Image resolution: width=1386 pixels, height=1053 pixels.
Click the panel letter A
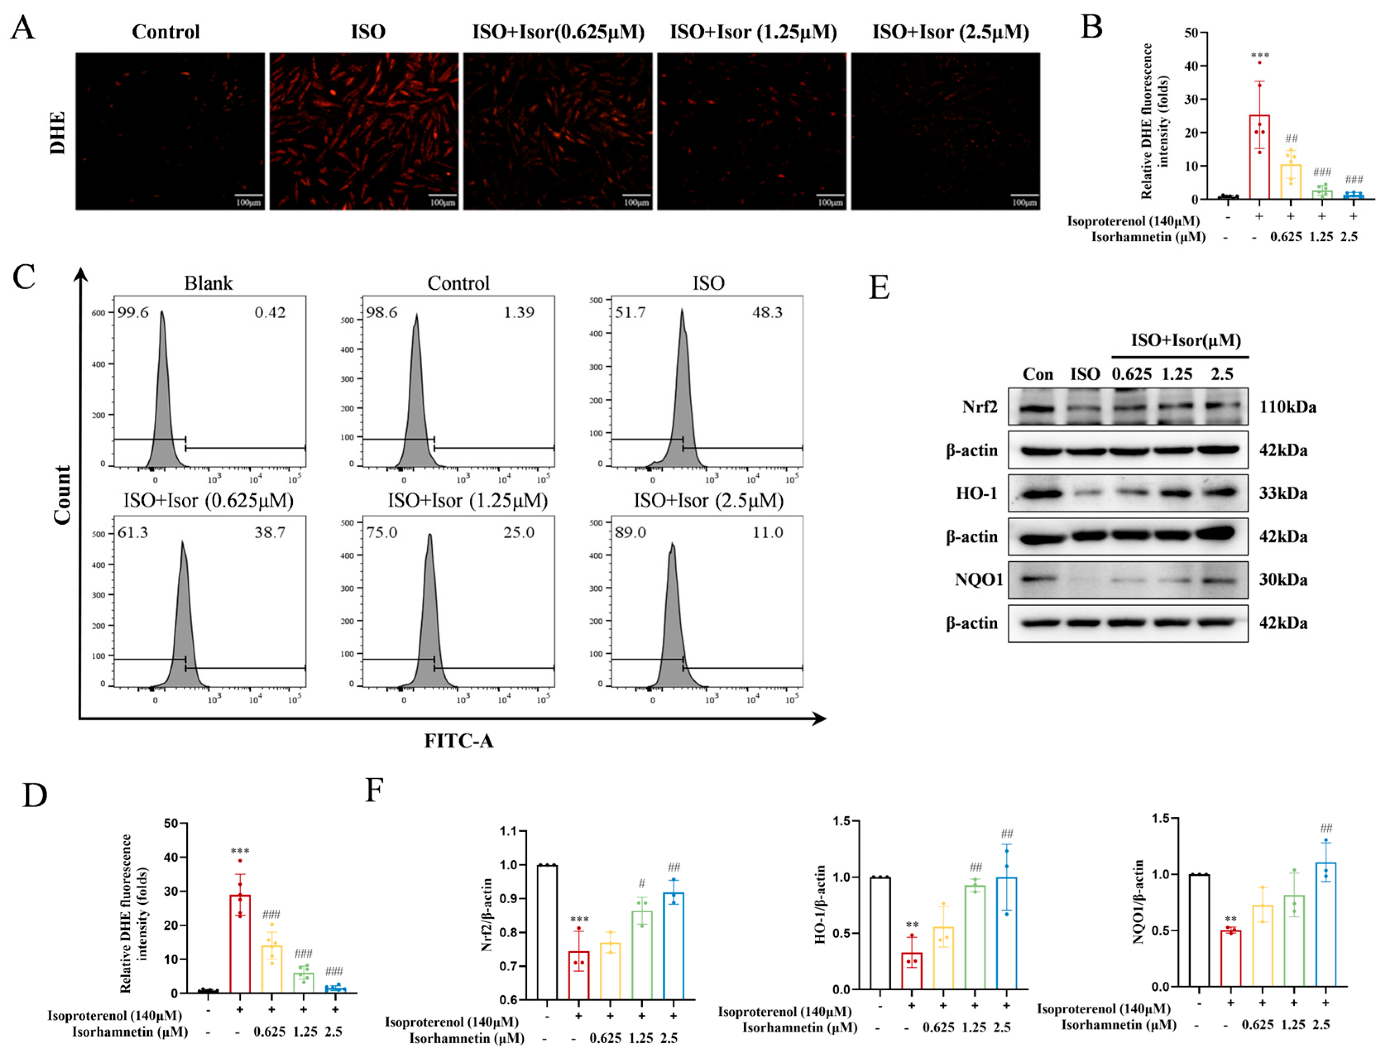(23, 28)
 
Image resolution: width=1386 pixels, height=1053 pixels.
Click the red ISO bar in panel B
(1259, 157)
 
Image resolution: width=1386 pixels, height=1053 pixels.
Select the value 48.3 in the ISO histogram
(767, 312)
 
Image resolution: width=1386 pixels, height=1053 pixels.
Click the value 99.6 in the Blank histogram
(133, 312)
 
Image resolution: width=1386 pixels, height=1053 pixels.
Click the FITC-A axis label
(459, 741)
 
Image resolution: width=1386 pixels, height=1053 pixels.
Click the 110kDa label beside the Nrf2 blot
(1287, 408)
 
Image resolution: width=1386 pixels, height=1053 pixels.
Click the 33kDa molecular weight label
(1283, 493)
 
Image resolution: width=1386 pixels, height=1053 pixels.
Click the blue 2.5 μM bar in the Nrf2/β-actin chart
(674, 946)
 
